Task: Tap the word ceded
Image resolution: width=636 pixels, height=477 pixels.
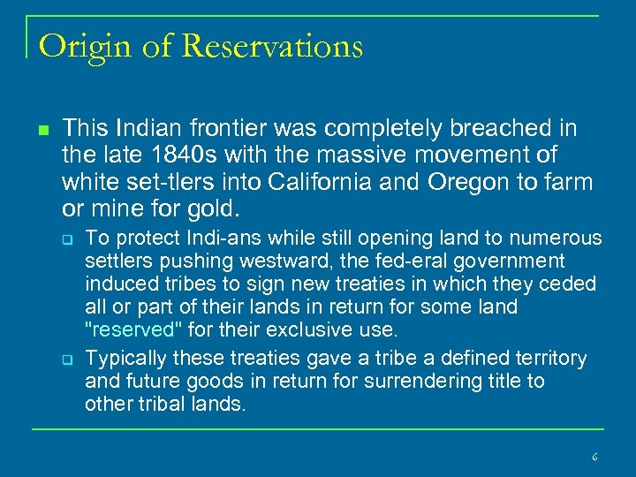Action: click(x=572, y=284)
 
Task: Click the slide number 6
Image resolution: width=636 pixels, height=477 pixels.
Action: click(x=594, y=457)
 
